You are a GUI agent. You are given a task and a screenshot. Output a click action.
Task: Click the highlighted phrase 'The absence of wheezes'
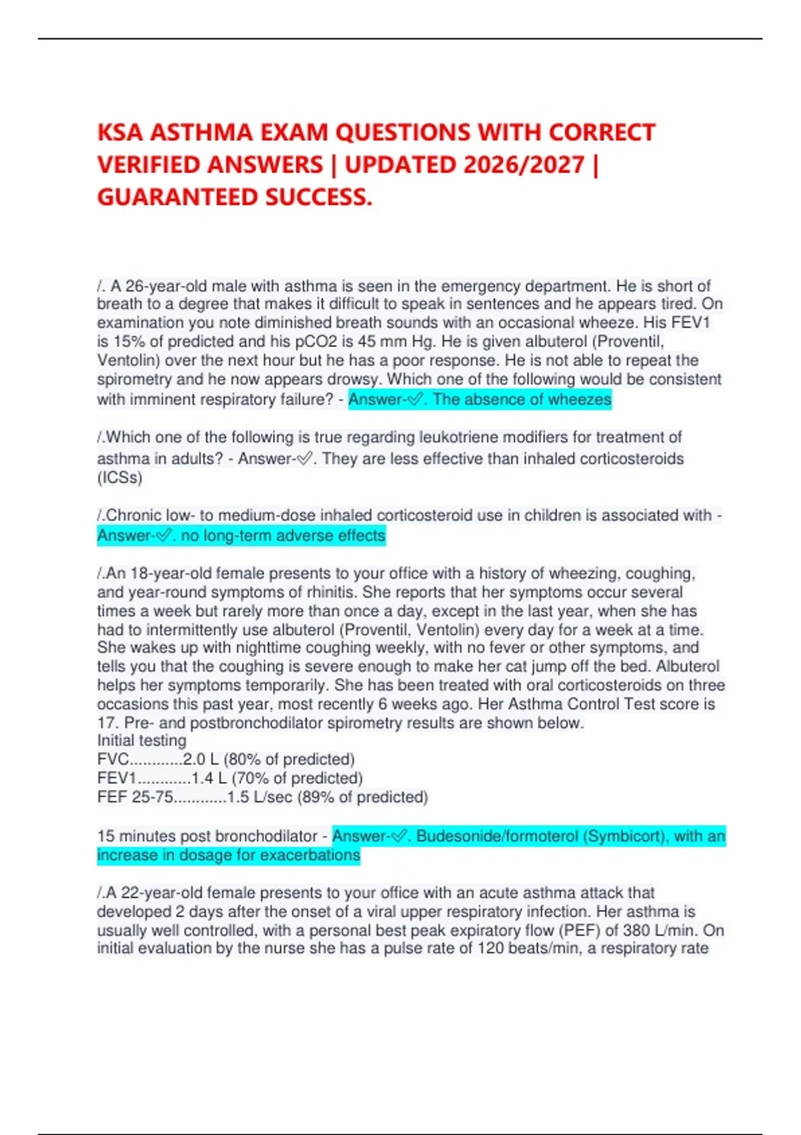click(x=521, y=399)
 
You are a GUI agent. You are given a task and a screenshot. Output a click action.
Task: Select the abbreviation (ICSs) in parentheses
click(x=119, y=477)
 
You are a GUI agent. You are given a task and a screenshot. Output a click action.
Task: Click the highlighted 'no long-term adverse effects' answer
click(x=283, y=535)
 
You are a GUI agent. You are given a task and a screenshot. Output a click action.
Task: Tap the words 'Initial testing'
click(x=142, y=740)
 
